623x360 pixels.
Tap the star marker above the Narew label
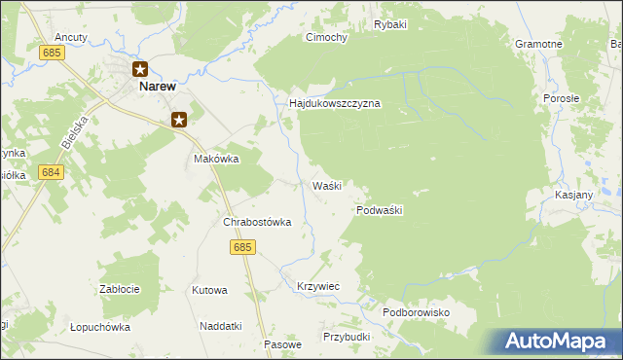140,69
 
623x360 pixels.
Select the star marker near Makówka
179,120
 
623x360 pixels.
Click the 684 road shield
52,172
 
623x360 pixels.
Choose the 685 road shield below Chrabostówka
243,248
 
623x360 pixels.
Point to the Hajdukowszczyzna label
334,103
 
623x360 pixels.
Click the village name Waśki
326,185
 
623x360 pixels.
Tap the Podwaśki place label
380,210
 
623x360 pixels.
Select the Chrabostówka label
258,222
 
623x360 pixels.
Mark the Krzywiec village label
317,286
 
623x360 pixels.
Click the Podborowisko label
415,312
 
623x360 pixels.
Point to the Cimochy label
327,38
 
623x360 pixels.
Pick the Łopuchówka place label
100,327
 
